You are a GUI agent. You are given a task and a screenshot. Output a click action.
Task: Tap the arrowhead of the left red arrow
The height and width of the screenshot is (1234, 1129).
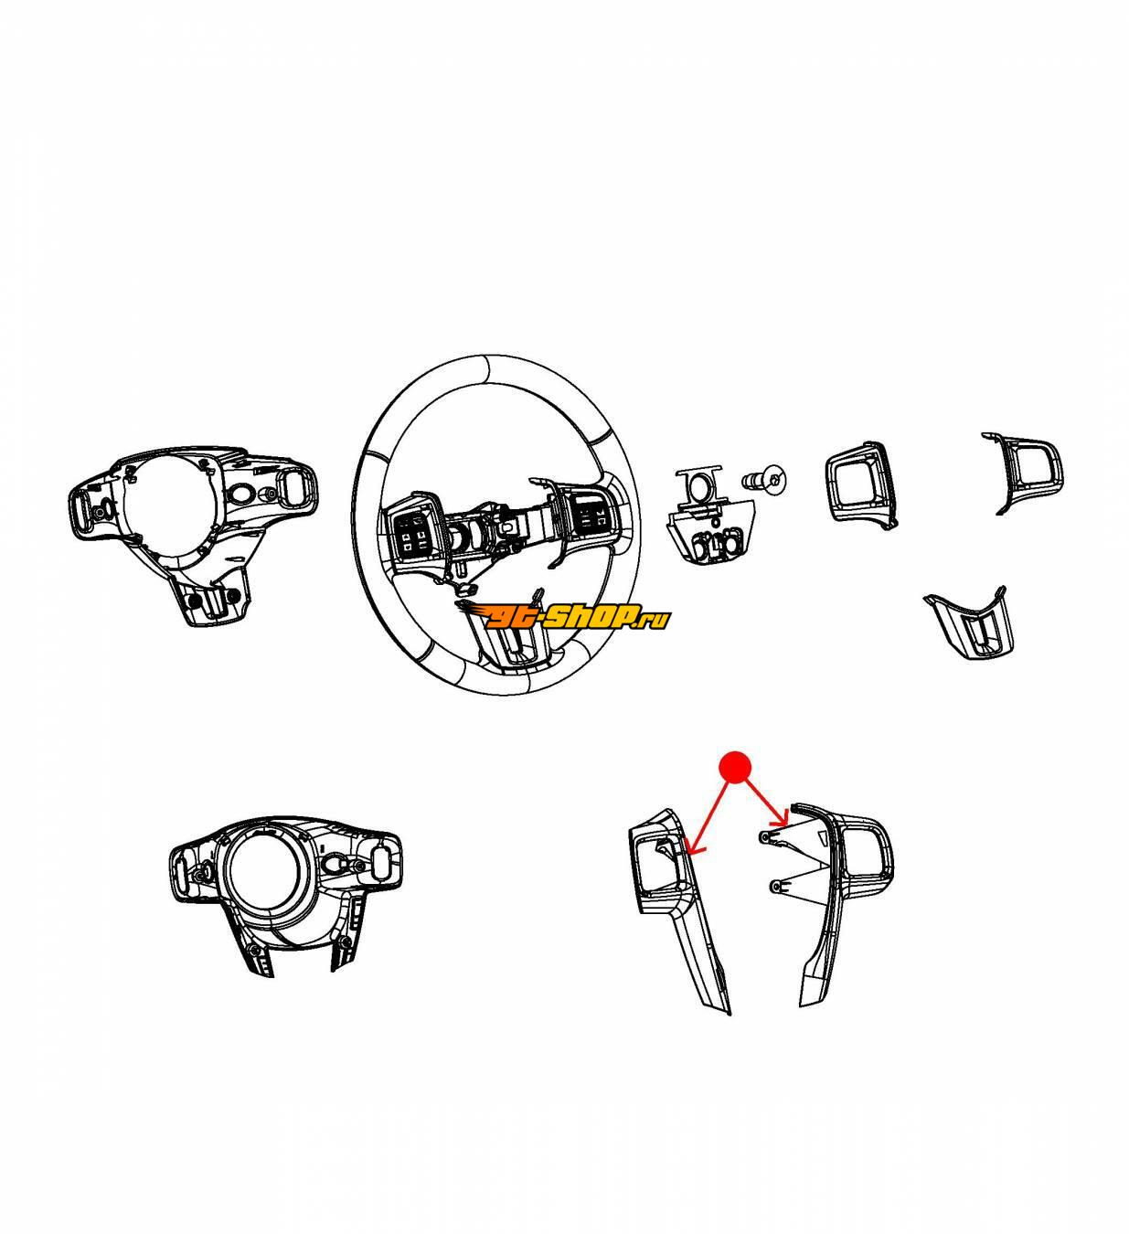coord(692,848)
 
